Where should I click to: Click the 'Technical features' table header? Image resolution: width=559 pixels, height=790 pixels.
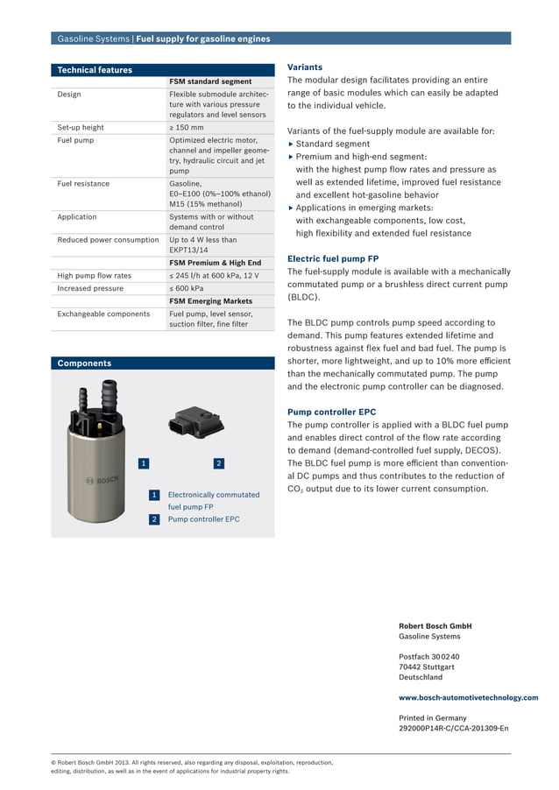[x=95, y=70]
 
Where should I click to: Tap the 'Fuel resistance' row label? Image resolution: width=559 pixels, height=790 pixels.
[x=83, y=184]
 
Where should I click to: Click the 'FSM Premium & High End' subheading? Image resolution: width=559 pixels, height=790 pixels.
[x=215, y=263]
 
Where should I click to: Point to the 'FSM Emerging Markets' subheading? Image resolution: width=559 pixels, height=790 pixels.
[x=210, y=301]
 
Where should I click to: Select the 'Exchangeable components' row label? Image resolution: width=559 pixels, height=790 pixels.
[x=103, y=314]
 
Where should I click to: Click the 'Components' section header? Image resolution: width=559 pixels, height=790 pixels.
[x=84, y=363]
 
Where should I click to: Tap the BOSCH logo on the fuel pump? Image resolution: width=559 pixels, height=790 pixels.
[x=101, y=481]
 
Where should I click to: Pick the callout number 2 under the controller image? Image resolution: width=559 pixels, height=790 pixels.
[x=218, y=462]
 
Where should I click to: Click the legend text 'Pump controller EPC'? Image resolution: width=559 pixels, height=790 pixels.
[x=203, y=519]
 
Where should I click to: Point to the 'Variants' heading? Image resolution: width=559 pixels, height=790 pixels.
[x=305, y=67]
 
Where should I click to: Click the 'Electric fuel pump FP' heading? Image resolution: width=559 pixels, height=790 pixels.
[x=333, y=259]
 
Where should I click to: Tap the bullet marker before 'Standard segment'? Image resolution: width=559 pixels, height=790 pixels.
[x=291, y=144]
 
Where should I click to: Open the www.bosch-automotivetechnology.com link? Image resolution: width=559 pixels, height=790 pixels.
[x=468, y=698]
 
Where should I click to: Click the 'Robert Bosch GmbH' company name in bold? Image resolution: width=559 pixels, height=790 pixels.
[x=435, y=626]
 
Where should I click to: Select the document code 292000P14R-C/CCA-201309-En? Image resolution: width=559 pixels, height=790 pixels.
[x=453, y=728]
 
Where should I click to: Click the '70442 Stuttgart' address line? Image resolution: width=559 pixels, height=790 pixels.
[x=427, y=667]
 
